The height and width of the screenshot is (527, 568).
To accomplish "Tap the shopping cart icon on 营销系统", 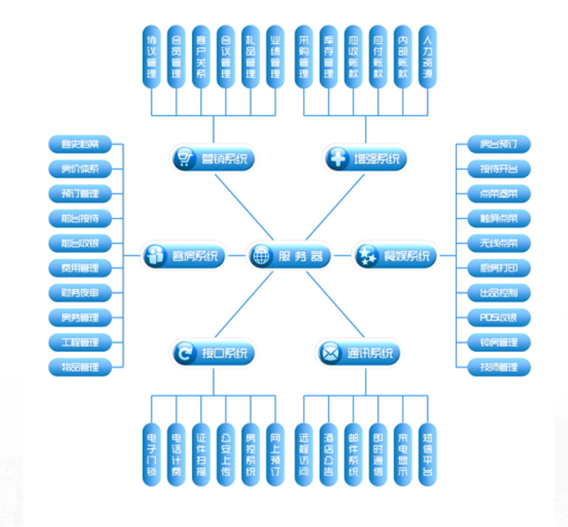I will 184,158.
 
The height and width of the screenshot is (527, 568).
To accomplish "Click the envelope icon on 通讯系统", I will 330,353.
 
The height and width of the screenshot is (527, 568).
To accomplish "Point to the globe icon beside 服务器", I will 261,256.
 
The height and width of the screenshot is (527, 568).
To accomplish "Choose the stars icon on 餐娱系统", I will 367,256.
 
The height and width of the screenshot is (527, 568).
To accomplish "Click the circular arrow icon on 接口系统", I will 184,353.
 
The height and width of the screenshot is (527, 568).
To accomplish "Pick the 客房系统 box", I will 183,256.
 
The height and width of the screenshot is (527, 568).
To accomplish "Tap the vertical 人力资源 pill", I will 427,57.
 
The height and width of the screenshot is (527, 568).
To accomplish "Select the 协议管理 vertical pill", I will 151,57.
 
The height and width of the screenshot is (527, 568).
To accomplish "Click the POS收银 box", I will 498,317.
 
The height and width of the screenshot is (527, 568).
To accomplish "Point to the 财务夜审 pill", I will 80,293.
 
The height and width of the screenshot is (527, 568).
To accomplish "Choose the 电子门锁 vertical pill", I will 151,454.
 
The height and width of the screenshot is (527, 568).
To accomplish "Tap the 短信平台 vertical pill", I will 427,454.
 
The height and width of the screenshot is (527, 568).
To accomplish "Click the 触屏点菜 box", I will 498,219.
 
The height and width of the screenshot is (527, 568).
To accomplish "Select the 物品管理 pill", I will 80,367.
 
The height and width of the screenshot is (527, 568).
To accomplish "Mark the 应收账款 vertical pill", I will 353,57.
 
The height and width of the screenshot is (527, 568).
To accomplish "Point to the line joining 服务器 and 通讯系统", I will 336,304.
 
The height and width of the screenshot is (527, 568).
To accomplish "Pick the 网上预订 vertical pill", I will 276,454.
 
